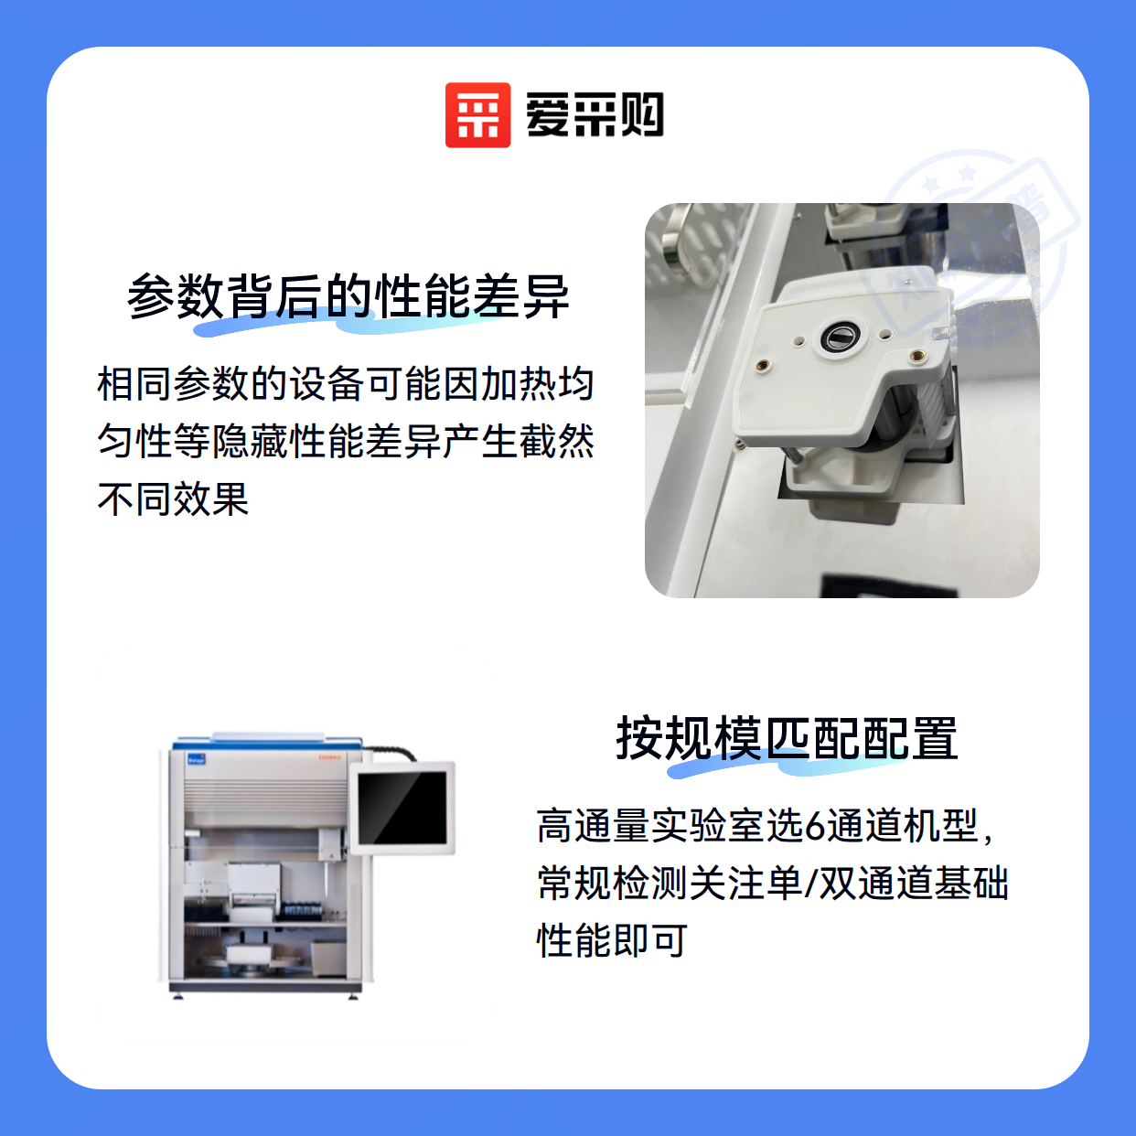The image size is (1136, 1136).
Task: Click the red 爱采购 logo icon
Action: pyautogui.click(x=477, y=115)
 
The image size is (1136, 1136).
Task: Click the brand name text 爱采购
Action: pyautogui.click(x=595, y=115)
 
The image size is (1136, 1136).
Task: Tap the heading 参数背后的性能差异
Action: pyautogui.click(x=348, y=296)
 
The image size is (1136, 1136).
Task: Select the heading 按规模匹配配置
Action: pyautogui.click(x=787, y=739)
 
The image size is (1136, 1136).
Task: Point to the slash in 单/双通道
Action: pyautogui.click(x=810, y=884)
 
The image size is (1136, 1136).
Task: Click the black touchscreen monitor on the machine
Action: pyautogui.click(x=402, y=808)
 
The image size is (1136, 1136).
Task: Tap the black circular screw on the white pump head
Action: pyautogui.click(x=837, y=337)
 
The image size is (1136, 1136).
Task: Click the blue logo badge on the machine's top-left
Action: pyautogui.click(x=196, y=758)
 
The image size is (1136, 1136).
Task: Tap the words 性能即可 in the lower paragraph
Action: pyautogui.click(x=612, y=941)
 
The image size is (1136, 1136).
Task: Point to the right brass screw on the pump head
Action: pyautogui.click(x=916, y=356)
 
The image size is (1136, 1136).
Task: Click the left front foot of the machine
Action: pyautogui.click(x=177, y=997)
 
